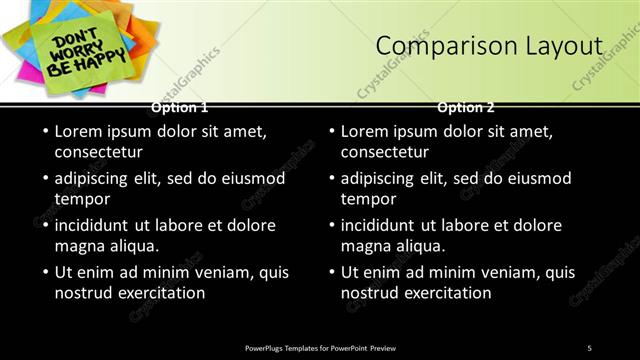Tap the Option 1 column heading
click(x=180, y=107)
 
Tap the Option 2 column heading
click(x=466, y=107)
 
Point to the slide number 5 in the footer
click(x=589, y=347)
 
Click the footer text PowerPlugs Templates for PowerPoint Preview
click(x=320, y=347)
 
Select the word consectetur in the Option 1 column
click(x=98, y=153)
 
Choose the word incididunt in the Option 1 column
click(x=97, y=226)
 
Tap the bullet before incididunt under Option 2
click(x=332, y=226)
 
